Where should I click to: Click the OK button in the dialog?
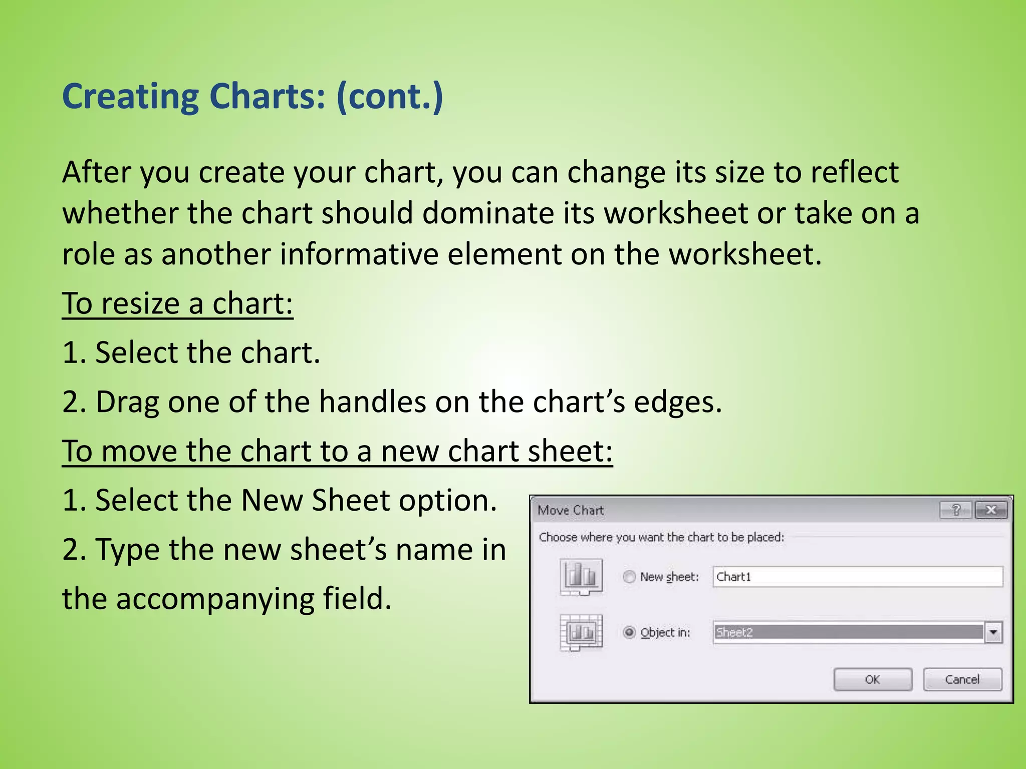(872, 679)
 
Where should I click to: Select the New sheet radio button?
(629, 577)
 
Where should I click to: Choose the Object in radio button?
(629, 632)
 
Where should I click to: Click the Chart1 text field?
(857, 577)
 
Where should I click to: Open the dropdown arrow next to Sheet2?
(993, 632)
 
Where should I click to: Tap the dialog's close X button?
(990, 510)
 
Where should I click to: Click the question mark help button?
(956, 510)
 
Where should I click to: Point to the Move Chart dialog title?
(571, 510)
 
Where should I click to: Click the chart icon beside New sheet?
(581, 576)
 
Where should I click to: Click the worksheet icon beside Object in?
(581, 632)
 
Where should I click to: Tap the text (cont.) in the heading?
(390, 96)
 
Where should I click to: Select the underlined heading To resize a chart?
(177, 303)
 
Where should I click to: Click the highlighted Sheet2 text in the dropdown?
(734, 632)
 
